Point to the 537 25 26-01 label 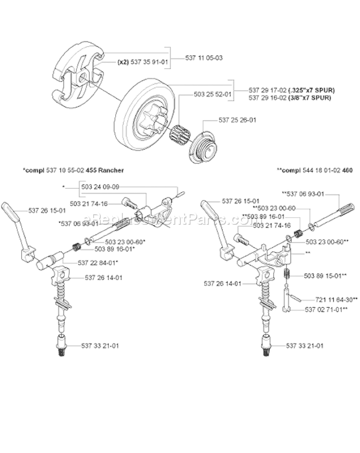coord(238,120)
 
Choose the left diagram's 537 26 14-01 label coord(104,277)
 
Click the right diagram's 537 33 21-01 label coord(305,345)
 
